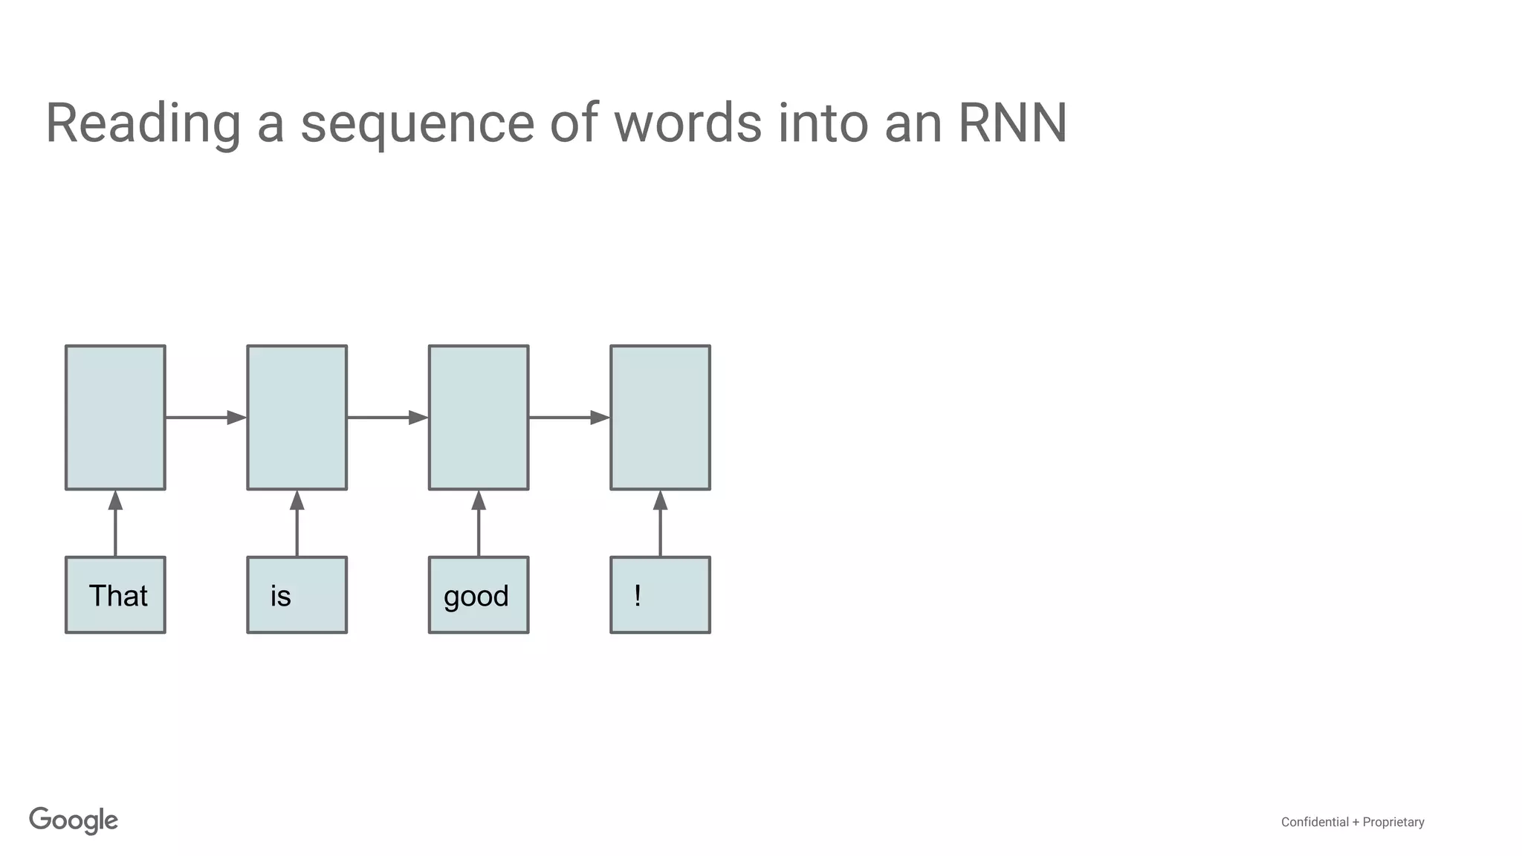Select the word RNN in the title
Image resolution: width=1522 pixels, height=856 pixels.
point(1012,123)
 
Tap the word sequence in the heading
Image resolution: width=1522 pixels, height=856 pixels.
point(417,123)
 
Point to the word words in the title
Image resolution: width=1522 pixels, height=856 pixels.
point(687,123)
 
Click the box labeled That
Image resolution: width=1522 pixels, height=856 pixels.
point(115,595)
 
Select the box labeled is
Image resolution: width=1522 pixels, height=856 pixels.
point(297,595)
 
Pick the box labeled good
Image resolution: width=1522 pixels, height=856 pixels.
point(479,595)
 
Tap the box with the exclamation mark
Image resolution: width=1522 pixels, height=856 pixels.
point(660,595)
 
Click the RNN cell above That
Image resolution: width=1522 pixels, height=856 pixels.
point(115,418)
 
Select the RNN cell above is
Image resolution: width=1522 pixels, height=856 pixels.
point(297,418)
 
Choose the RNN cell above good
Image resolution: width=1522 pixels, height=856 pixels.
point(479,418)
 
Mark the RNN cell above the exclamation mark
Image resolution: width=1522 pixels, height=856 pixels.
point(660,418)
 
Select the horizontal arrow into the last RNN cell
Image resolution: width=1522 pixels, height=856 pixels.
point(569,418)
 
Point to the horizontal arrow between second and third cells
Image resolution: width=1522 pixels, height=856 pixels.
point(387,418)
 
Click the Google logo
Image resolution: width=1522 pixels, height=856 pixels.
point(74,820)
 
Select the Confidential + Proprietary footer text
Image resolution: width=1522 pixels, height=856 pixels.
point(1352,822)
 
